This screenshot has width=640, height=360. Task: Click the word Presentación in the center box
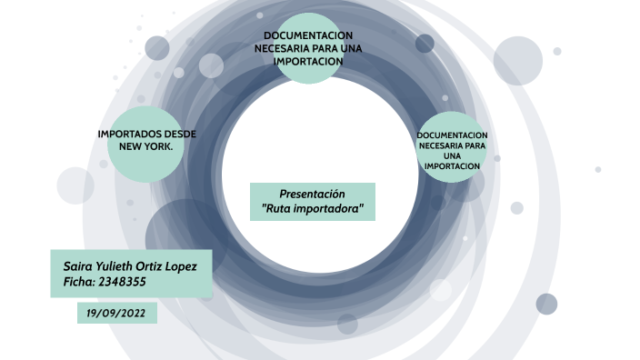(x=313, y=194)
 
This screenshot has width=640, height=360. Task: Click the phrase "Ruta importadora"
(x=312, y=209)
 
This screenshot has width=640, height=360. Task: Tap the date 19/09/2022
(x=117, y=313)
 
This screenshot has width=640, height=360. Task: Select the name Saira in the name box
(x=78, y=265)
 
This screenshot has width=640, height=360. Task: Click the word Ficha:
(x=75, y=282)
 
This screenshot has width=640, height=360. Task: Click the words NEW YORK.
(x=145, y=145)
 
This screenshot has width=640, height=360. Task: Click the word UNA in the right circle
(x=453, y=155)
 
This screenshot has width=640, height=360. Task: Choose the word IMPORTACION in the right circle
(x=453, y=165)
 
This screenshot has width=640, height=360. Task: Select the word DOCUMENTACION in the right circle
(x=453, y=135)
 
